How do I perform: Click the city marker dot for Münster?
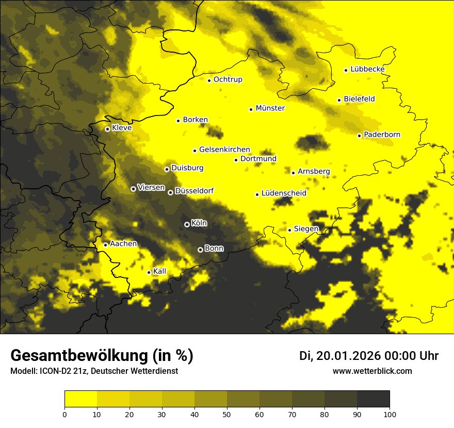pyautogui.click(x=251, y=109)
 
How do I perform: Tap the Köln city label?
pyautogui.click(x=199, y=223)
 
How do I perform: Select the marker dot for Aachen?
pyautogui.click(x=105, y=245)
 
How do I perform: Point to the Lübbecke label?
pyautogui.click(x=367, y=69)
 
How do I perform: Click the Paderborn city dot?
pyautogui.click(x=359, y=136)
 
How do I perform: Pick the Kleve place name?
pyautogui.click(x=122, y=128)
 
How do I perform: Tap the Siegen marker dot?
pyautogui.click(x=290, y=230)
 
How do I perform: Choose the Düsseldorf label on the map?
pyautogui.click(x=194, y=191)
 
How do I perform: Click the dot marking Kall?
pyautogui.click(x=149, y=272)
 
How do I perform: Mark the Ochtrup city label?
pyautogui.click(x=228, y=79)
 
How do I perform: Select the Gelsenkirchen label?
pyautogui.click(x=224, y=150)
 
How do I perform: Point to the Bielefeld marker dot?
pyautogui.click(x=339, y=100)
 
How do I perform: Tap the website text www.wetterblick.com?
pyautogui.click(x=372, y=371)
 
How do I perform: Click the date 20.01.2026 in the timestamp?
pyautogui.click(x=348, y=356)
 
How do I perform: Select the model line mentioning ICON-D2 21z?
pyautogui.click(x=94, y=371)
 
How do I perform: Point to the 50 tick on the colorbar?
pyautogui.click(x=227, y=414)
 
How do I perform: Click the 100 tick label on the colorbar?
pyautogui.click(x=390, y=414)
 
